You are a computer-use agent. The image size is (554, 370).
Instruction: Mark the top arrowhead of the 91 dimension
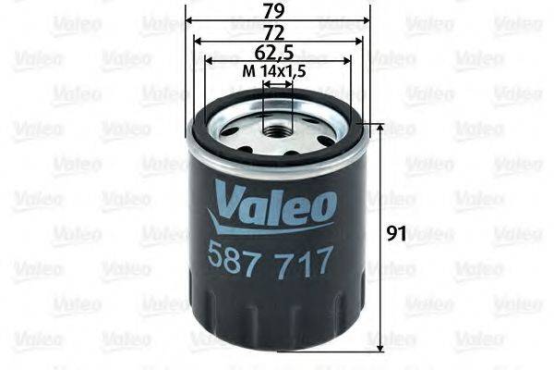pyautogui.click(x=379, y=127)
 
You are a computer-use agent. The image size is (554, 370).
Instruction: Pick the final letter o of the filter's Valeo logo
pyautogui.click(x=323, y=204)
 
